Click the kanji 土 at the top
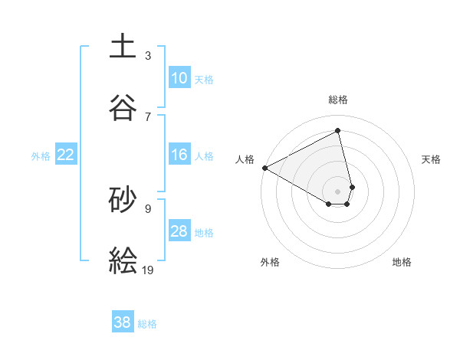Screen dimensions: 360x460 pyautogui.click(x=123, y=45)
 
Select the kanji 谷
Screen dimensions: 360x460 pyautogui.click(x=123, y=106)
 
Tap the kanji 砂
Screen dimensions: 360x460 pyautogui.click(x=123, y=198)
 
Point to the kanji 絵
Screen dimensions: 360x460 pyautogui.click(x=123, y=260)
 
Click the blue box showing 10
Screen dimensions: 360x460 pyautogui.click(x=179, y=78)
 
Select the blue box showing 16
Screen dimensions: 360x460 pyautogui.click(x=179, y=155)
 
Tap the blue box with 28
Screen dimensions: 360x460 pyautogui.click(x=179, y=231)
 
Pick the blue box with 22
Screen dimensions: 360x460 pyautogui.click(x=66, y=155)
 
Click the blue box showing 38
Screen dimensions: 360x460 pyautogui.click(x=123, y=322)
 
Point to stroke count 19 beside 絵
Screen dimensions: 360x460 pyautogui.click(x=148, y=269)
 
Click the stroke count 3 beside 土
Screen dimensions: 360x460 pyautogui.click(x=148, y=55)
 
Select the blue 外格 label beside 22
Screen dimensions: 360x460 pyautogui.click(x=41, y=155)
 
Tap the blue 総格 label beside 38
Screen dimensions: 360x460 pyautogui.click(x=147, y=323)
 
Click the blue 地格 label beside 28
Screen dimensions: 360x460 pyautogui.click(x=204, y=232)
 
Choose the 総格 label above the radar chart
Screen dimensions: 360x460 pyautogui.click(x=338, y=100)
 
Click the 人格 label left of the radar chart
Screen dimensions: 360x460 pyautogui.click(x=245, y=159)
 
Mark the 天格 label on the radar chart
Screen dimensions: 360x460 pyautogui.click(x=431, y=159)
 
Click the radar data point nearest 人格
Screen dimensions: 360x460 pyautogui.click(x=264, y=168)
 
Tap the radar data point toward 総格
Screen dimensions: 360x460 pyautogui.click(x=338, y=131)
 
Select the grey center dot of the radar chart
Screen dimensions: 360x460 pyautogui.click(x=338, y=191)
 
